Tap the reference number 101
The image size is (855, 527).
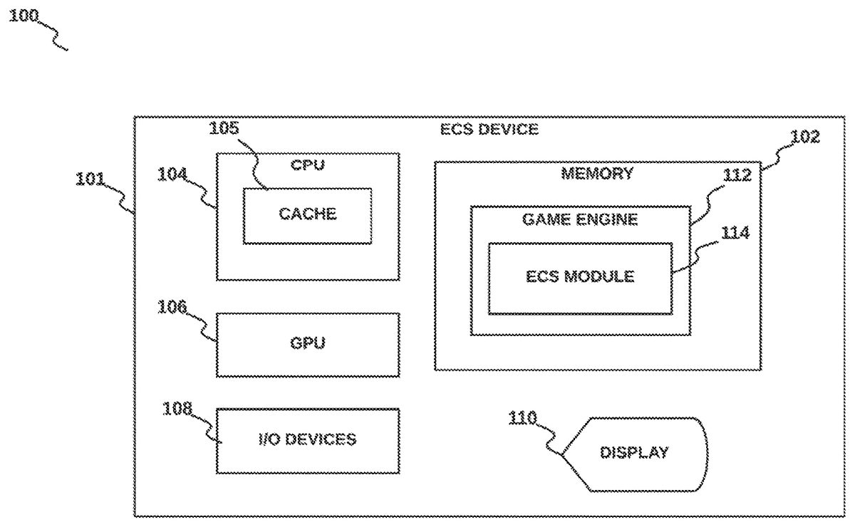pos(90,179)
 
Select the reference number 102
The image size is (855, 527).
pos(805,137)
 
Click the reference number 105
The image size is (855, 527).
pos(224,129)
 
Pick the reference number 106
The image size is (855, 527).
pos(172,307)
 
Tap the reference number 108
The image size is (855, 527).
pos(177,409)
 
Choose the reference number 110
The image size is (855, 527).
pos(523,419)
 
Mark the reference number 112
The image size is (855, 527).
pos(737,175)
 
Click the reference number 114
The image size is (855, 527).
pos(735,233)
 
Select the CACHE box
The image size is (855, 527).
pos(307,215)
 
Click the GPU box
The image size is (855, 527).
pos(307,344)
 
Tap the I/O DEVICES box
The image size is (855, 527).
pos(307,440)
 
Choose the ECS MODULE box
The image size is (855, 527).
pos(579,277)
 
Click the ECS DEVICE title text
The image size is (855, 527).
pos(489,130)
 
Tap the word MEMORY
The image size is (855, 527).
pos(597,173)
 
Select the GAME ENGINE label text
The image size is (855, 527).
pos(580,219)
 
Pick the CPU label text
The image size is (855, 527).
pos(307,165)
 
